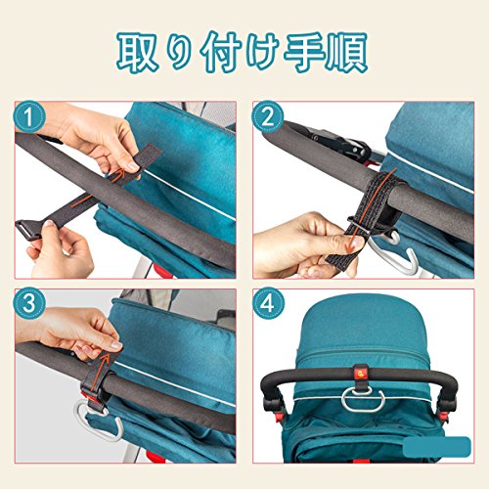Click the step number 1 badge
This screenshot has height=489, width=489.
tap(29, 116)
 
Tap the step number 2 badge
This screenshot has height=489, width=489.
tap(268, 116)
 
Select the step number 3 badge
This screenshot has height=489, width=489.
tap(29, 303)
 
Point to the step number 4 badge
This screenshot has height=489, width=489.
tap(268, 303)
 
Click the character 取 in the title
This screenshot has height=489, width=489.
tap(138, 52)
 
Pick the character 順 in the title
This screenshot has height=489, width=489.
tap(347, 52)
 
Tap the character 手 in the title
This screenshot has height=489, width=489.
tap(304, 52)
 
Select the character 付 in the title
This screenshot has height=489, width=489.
tap(221, 52)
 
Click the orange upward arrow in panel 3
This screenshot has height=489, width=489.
tap(100, 373)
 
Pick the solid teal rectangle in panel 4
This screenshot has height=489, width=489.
tap(437, 446)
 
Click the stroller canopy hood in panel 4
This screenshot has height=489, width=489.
tap(359, 330)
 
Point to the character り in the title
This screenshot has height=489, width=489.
tap(179, 53)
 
